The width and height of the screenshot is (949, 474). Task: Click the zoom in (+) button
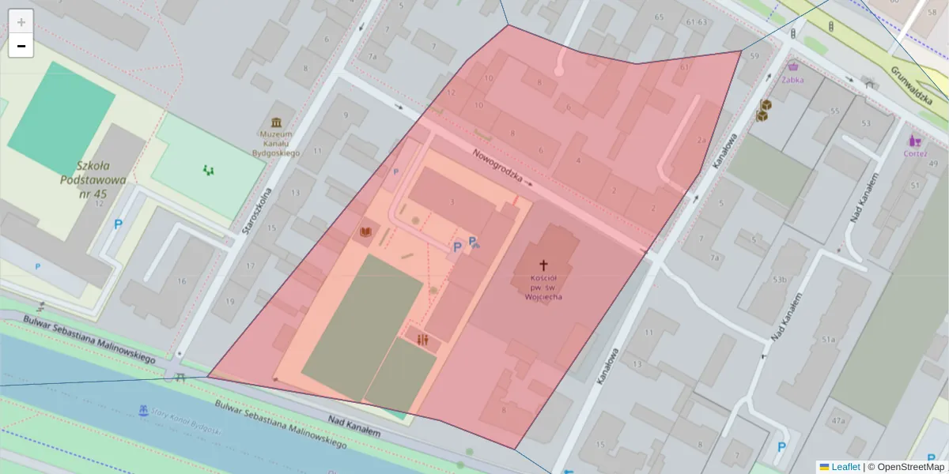coord(21,22)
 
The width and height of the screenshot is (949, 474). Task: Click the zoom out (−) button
coord(21,46)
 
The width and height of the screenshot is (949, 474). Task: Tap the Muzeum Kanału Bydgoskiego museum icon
coord(276,122)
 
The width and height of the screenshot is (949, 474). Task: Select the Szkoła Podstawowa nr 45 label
coord(93,179)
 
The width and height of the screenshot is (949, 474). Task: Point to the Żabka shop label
coord(792,79)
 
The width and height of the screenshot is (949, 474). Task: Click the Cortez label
coord(915,153)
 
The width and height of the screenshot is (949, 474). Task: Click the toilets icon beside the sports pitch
coord(422,339)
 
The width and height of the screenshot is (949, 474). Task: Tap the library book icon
coord(365,231)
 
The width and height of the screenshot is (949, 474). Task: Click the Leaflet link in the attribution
coord(845,466)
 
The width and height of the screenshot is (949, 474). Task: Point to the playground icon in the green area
coord(209,169)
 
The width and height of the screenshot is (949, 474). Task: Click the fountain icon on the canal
coord(143,411)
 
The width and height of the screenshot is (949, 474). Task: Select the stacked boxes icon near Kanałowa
coord(763,110)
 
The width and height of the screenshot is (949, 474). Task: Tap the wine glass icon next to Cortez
coord(915,141)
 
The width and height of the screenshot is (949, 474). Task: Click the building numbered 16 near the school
coord(182,280)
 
